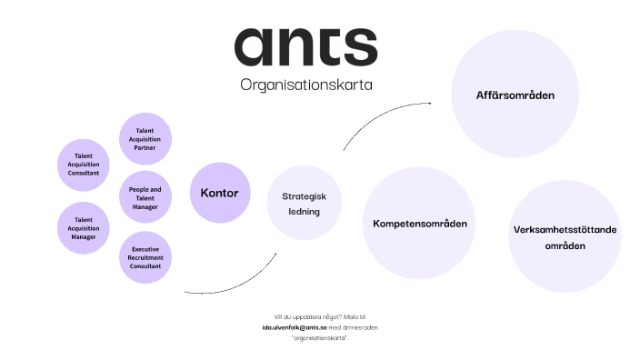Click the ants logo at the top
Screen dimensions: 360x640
[x=305, y=46]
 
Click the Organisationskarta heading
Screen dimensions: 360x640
[x=306, y=85]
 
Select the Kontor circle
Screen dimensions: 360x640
[x=219, y=193]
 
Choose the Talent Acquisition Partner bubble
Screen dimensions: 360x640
[x=145, y=139]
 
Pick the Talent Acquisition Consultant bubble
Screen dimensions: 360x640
[x=84, y=164]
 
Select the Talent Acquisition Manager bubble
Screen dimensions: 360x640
[x=84, y=227]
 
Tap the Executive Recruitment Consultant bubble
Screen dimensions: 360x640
[x=145, y=257]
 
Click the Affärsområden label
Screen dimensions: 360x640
[x=515, y=95]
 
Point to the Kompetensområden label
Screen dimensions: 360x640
[x=420, y=223]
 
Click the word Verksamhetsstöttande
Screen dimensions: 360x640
[x=565, y=230]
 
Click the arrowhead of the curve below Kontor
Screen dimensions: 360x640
[x=276, y=253]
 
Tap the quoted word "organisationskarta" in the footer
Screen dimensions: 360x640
[x=320, y=337]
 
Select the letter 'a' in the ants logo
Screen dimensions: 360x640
[x=254, y=46]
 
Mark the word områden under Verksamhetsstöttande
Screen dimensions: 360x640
[x=565, y=245]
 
